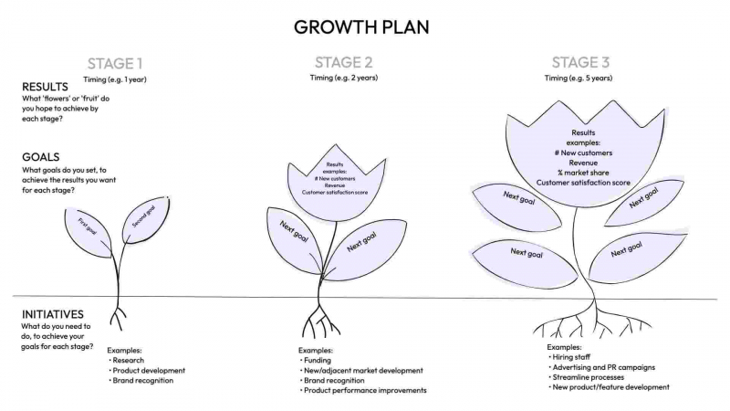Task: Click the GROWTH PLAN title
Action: pos(361,26)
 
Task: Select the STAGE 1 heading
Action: pos(115,64)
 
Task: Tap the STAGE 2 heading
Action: pos(343,62)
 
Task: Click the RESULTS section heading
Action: pos(46,87)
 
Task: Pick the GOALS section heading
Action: pos(40,156)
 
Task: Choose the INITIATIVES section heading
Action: pos(53,313)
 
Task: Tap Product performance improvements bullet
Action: pos(364,390)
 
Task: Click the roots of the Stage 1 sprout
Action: pos(118,317)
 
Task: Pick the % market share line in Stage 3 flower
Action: pos(583,172)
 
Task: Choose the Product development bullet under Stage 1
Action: pos(149,370)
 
